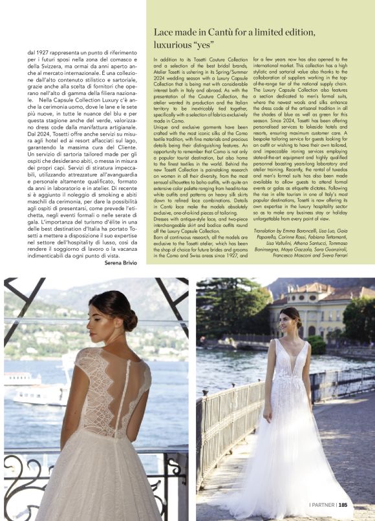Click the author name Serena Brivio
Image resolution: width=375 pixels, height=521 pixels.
tap(125, 264)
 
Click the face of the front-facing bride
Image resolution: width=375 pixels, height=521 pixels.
tap(290, 321)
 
